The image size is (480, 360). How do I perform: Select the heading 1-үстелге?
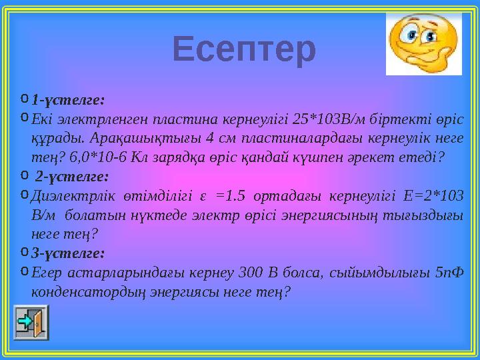[x=68, y=100]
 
